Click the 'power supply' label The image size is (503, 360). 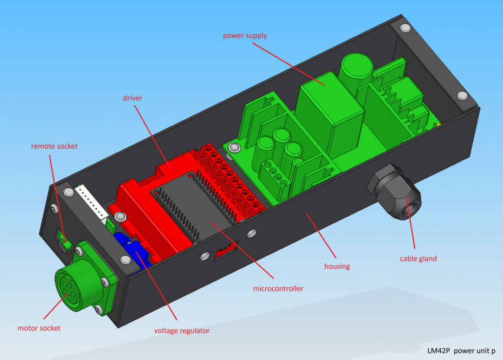(x=245, y=36)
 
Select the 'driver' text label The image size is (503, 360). (x=133, y=98)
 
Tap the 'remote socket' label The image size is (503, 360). (x=54, y=146)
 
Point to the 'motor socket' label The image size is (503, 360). (x=39, y=328)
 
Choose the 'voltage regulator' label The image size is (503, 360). (x=182, y=331)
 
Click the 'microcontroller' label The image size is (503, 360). (x=278, y=288)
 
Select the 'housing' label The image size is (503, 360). (x=337, y=266)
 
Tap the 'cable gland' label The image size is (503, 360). (x=419, y=259)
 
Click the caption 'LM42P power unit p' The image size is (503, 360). (x=461, y=351)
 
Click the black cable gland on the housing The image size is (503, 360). (x=395, y=192)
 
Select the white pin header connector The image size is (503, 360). (x=92, y=203)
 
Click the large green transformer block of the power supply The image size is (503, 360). (x=329, y=114)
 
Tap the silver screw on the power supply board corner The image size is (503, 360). (x=234, y=148)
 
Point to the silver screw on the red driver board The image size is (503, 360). (x=120, y=216)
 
